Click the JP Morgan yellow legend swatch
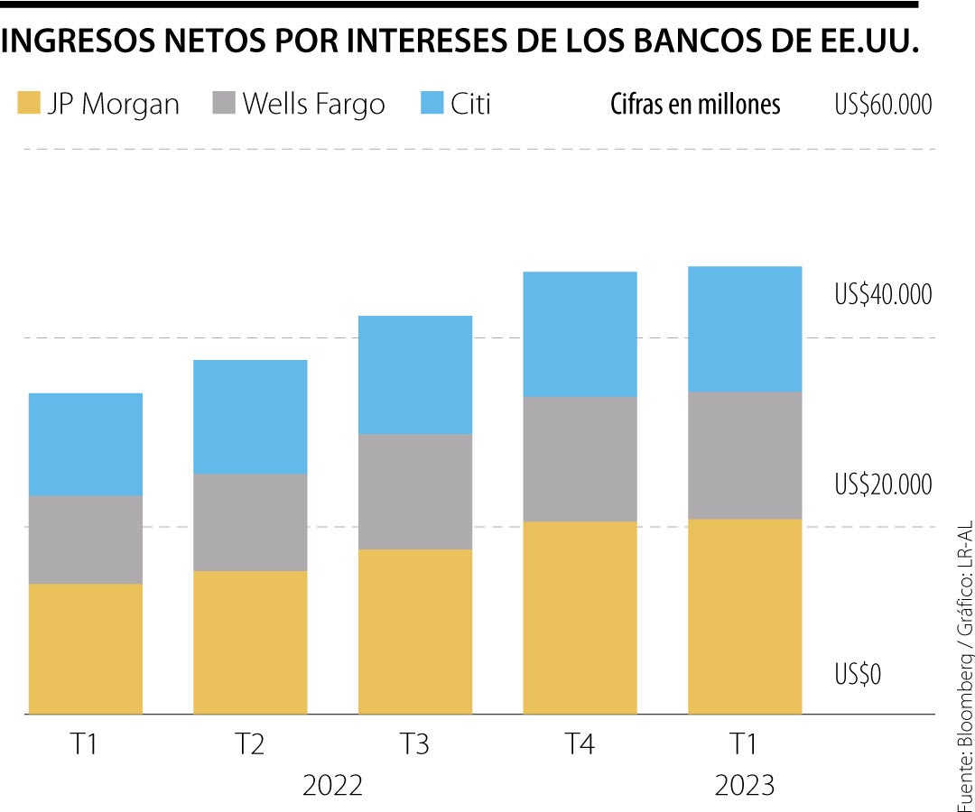29,104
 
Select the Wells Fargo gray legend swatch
224,104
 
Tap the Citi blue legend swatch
432,104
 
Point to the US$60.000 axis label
882,105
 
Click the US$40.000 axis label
882,294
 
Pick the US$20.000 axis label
882,484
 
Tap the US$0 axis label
859,674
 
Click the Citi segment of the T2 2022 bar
250,417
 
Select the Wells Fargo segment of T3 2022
415,492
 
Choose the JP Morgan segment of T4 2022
580,617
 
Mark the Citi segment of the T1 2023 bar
745,328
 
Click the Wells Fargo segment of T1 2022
86,540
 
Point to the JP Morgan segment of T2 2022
250,642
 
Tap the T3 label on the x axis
415,745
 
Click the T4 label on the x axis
580,745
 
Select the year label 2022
332,785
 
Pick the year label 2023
745,785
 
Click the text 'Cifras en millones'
695,105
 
